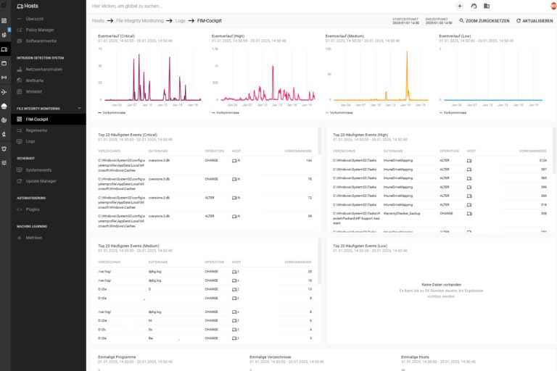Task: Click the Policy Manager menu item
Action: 40,30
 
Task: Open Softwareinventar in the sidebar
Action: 42,41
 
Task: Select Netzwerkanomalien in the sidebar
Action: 44,69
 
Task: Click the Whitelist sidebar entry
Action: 34,92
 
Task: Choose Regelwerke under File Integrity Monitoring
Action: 36,130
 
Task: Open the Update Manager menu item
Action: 41,181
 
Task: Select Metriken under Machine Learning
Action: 33,238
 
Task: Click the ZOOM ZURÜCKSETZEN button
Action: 485,21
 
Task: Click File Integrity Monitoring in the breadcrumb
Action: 139,21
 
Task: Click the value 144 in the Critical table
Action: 308,160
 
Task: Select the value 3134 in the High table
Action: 542,159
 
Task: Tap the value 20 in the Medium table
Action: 309,271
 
